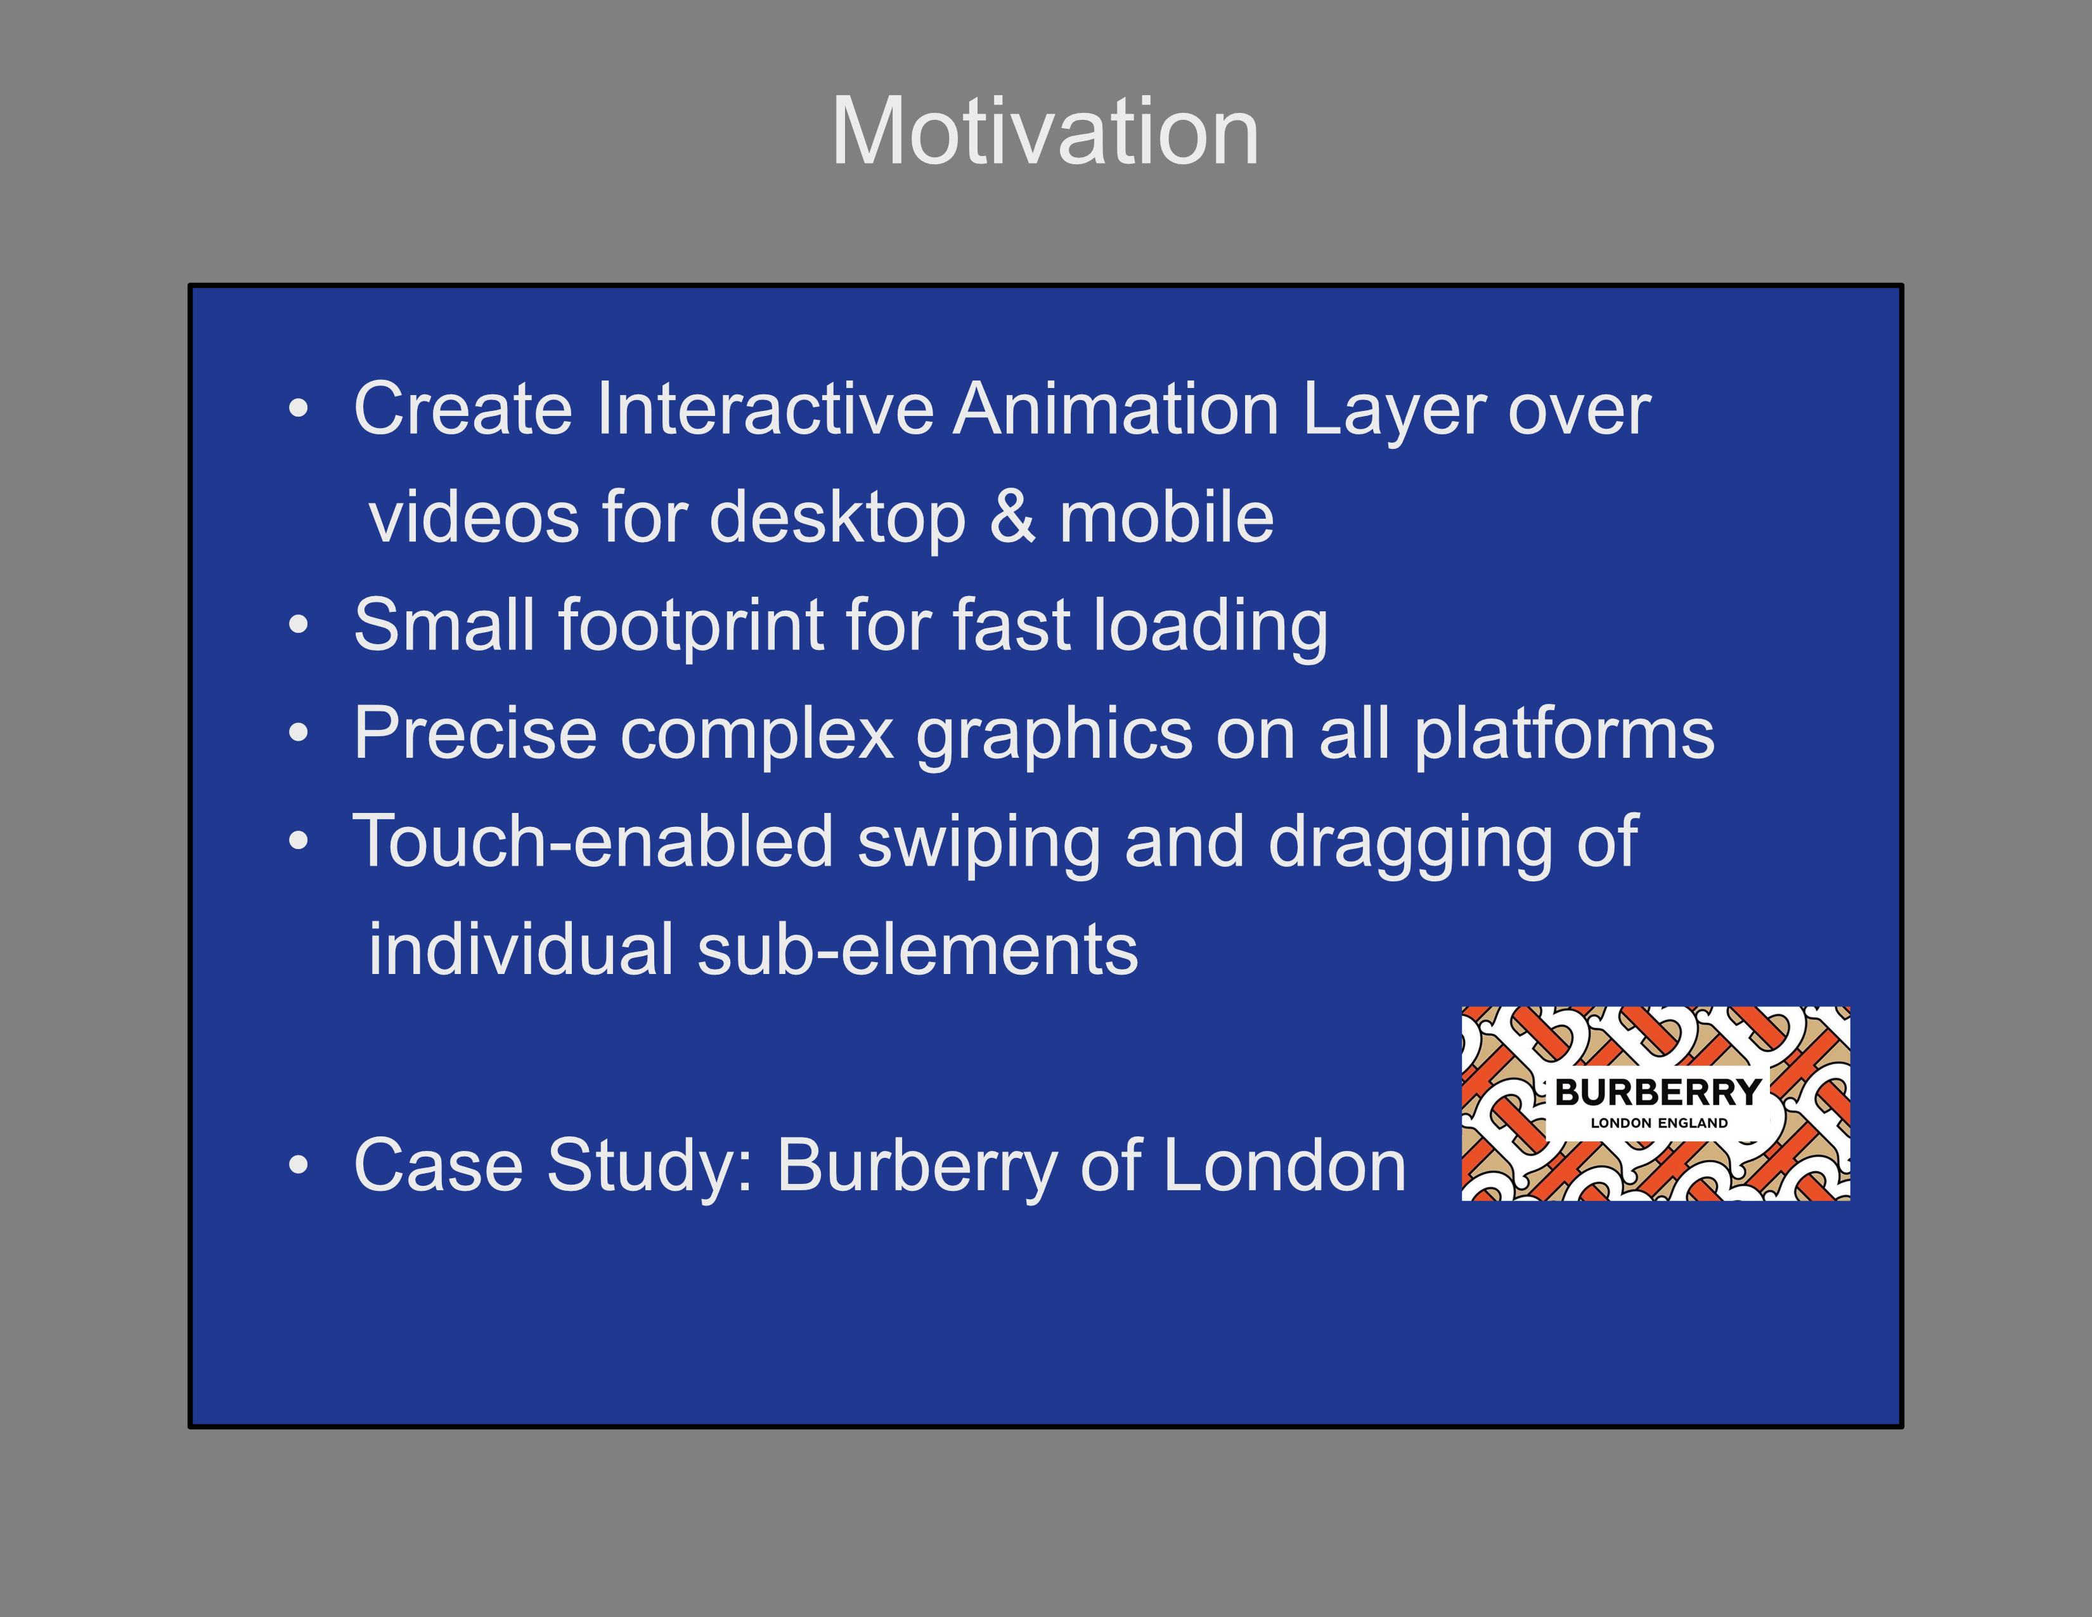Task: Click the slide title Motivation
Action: click(1045, 131)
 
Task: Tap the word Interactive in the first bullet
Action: click(765, 409)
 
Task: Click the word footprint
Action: click(690, 625)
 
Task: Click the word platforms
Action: click(1564, 734)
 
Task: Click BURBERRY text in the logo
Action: click(1658, 1092)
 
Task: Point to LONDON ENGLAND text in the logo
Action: click(1659, 1122)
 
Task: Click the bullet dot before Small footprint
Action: click(299, 625)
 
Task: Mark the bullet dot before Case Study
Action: click(299, 1166)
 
